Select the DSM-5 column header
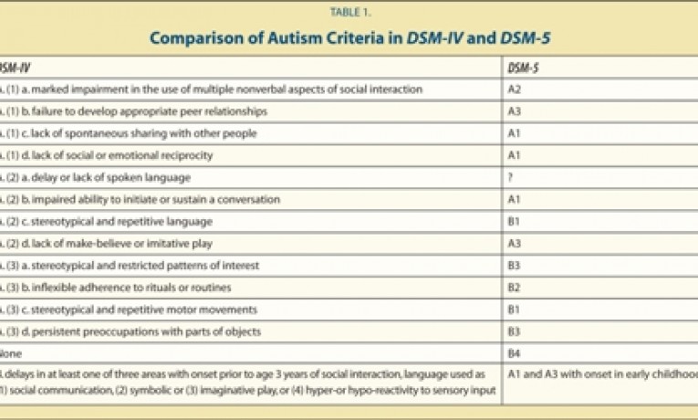[x=523, y=68]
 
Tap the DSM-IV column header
[x=13, y=68]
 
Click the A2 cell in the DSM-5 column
[x=516, y=89]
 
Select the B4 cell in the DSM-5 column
[x=516, y=352]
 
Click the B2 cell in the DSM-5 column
[x=516, y=287]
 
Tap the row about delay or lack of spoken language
[x=119, y=177]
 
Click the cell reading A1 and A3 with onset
[x=602, y=374]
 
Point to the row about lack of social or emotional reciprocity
[x=137, y=155]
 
